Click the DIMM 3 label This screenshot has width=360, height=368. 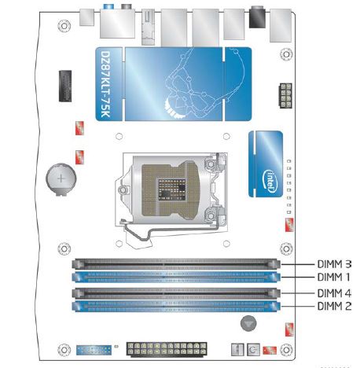click(334, 264)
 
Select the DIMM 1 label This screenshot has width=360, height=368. click(333, 277)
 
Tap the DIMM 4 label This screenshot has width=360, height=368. click(334, 293)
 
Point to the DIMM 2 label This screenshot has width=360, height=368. click(334, 306)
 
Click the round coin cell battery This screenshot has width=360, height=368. click(61, 179)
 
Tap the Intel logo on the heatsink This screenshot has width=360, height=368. click(270, 180)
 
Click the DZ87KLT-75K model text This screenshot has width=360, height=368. click(106, 84)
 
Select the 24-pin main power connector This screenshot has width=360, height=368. click(167, 349)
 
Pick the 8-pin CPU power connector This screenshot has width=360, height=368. click(285, 96)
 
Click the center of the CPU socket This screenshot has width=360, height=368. click(171, 188)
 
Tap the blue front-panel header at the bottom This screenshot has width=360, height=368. click(94, 350)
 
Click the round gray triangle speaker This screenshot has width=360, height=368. click(248, 323)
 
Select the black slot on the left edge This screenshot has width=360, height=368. click(65, 86)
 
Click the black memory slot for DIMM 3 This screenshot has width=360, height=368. click(176, 264)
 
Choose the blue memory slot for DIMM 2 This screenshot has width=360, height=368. click(176, 306)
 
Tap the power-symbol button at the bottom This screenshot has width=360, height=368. click(253, 350)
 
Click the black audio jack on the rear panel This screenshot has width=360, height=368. click(257, 17)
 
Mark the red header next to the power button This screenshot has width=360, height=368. click(270, 350)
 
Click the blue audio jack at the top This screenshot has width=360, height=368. click(108, 6)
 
